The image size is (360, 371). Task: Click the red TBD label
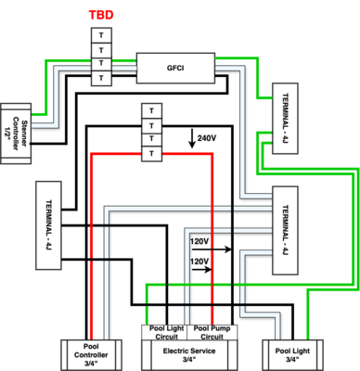coord(101,16)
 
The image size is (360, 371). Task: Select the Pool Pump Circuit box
coord(213,330)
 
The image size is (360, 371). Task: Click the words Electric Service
coord(188,351)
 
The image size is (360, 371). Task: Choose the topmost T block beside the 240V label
coord(148,110)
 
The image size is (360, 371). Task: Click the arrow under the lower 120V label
coord(206,272)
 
